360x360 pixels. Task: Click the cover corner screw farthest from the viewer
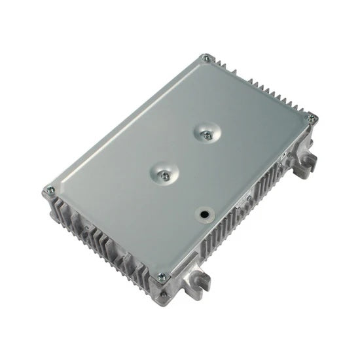tap(207, 58)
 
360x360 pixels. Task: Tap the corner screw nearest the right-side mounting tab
tap(311, 118)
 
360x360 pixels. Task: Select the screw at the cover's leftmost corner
tap(49, 191)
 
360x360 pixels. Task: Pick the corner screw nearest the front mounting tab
tap(161, 276)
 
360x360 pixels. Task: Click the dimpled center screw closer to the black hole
tap(166, 175)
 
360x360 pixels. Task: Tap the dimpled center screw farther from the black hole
tap(206, 134)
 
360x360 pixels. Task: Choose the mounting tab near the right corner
tap(305, 164)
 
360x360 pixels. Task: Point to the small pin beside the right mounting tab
tap(286, 158)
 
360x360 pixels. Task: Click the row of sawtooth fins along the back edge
tap(262, 85)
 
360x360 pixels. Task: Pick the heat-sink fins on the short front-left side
tap(98, 242)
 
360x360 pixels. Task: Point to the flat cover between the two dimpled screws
tap(186, 155)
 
